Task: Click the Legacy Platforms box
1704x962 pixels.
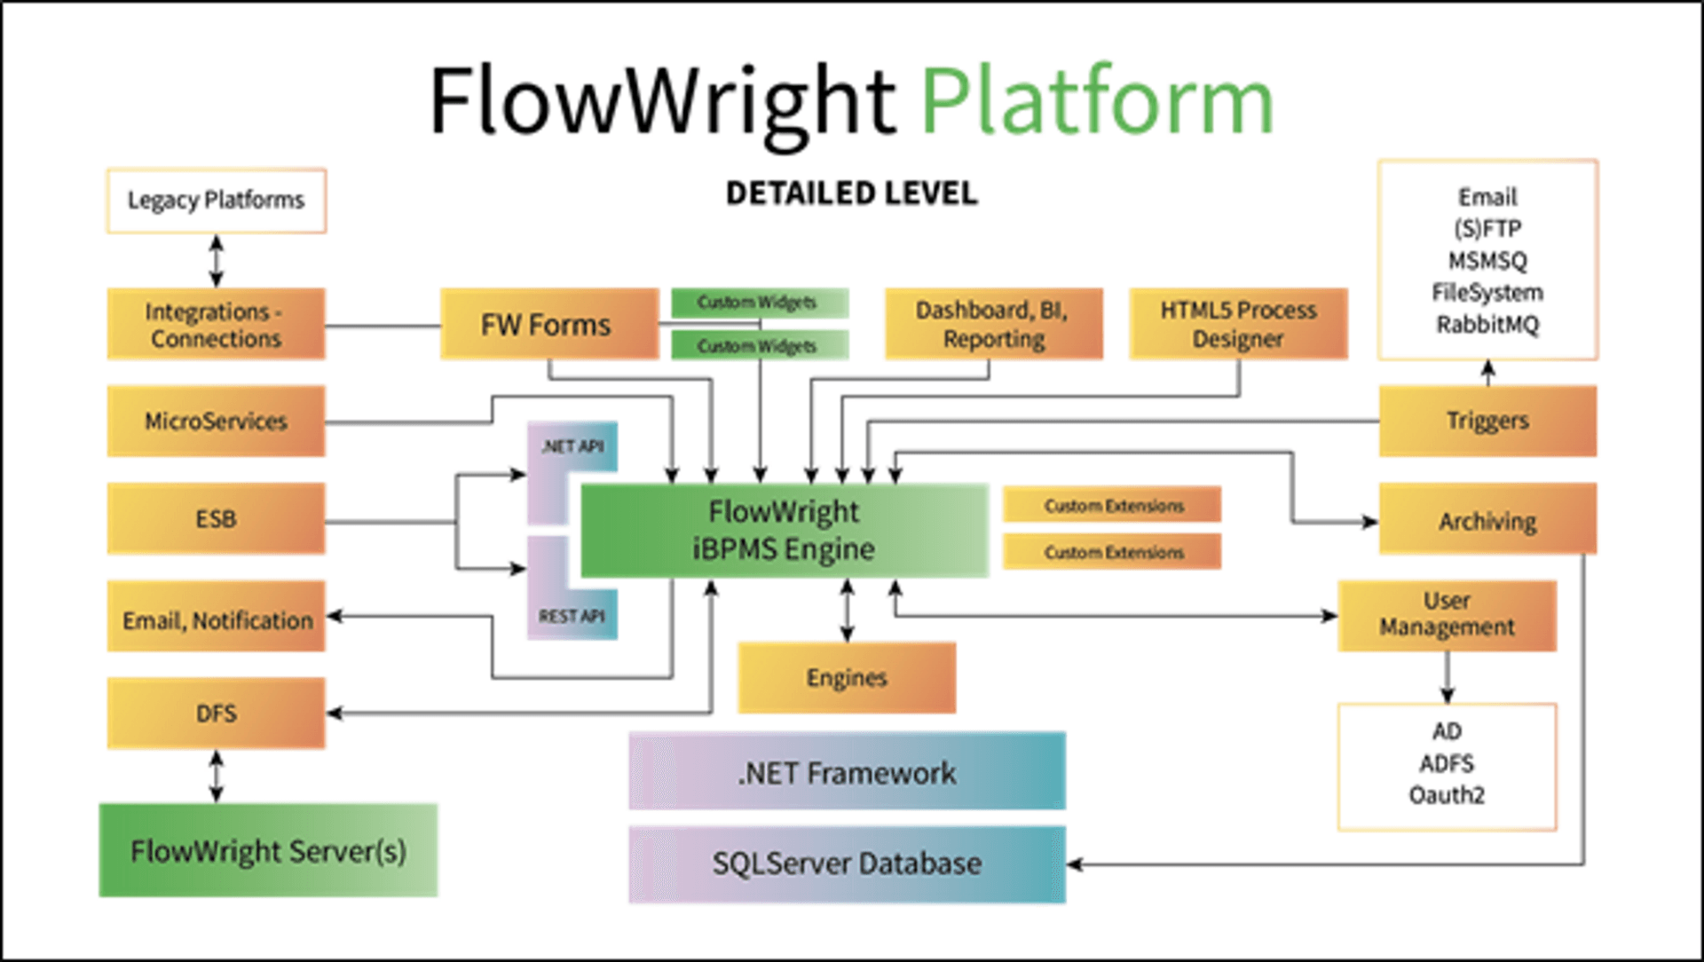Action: click(x=216, y=201)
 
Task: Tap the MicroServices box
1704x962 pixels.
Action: click(x=216, y=421)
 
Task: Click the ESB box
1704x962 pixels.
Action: click(x=216, y=518)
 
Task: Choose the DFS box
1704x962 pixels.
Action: click(x=216, y=714)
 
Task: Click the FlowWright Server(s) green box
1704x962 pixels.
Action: click(x=268, y=850)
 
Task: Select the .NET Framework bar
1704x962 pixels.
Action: click(x=847, y=771)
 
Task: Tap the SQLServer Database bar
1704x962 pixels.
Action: click(x=847, y=863)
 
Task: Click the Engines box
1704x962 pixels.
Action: click(x=847, y=678)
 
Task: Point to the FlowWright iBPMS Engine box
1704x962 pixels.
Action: click(x=784, y=531)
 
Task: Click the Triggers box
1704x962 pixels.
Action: click(x=1487, y=421)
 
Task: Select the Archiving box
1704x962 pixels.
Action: click(x=1487, y=520)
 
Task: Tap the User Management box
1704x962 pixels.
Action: click(x=1447, y=615)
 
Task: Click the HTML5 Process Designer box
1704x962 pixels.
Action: click(x=1238, y=324)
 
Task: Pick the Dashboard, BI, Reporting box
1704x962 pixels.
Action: click(x=993, y=324)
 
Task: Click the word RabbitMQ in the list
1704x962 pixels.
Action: click(x=1487, y=325)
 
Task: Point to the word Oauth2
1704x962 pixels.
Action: click(x=1447, y=795)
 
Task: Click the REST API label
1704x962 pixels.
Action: click(x=572, y=616)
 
